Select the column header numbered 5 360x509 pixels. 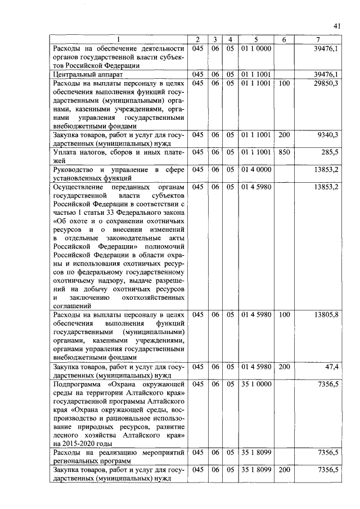point(256,39)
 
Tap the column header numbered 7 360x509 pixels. point(319,39)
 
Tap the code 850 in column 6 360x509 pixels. point(284,152)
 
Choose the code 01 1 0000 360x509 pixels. point(256,48)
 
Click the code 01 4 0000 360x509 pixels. point(256,169)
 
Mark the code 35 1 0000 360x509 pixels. point(256,384)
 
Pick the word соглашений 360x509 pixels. point(73,305)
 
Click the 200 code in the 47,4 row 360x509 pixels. point(284,367)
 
